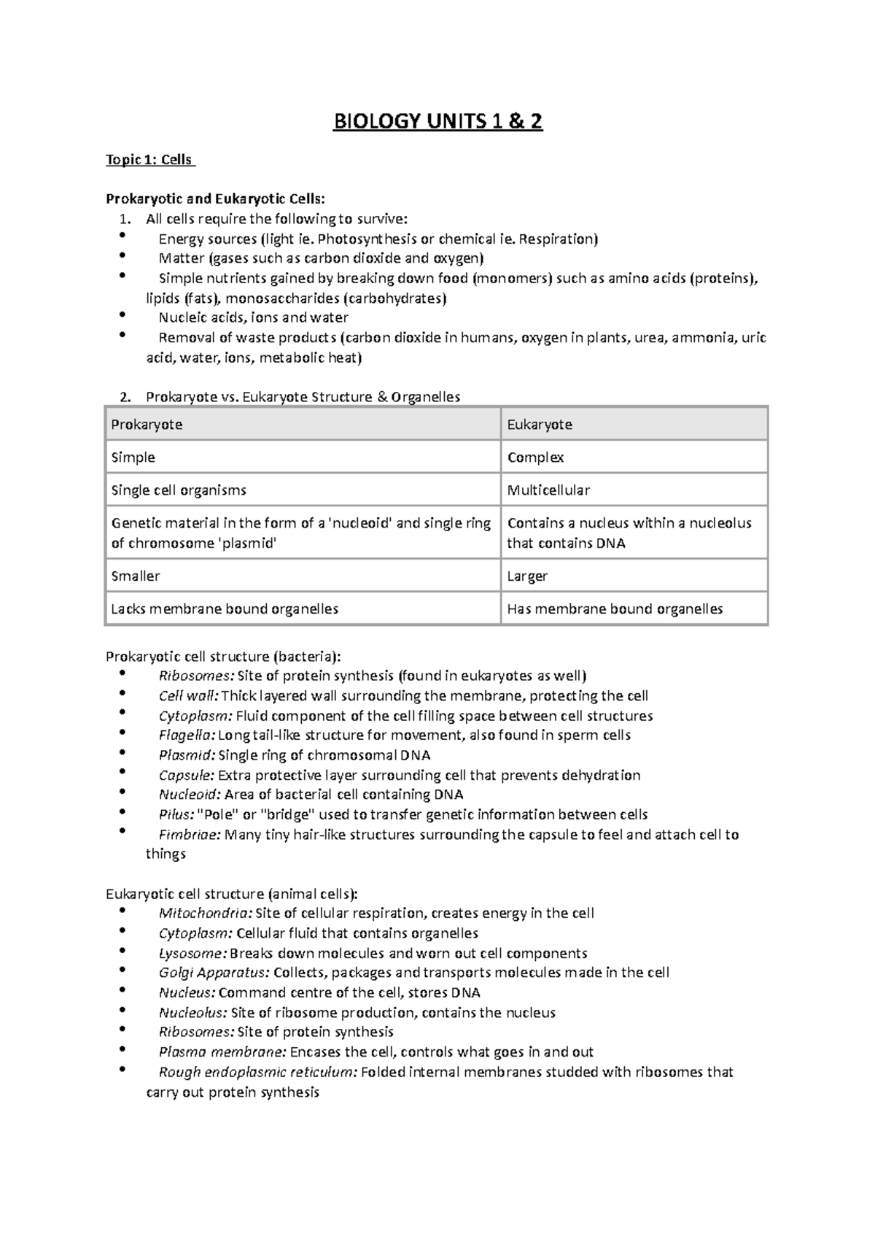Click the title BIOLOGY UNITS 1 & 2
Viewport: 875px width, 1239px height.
(x=437, y=121)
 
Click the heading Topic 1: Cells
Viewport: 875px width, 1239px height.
(x=149, y=159)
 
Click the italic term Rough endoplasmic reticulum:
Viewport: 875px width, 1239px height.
(x=258, y=1072)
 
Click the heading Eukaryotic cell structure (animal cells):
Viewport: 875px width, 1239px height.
(x=232, y=894)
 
